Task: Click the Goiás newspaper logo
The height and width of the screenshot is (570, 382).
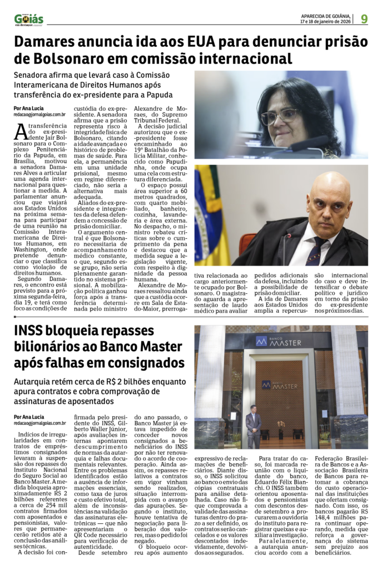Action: (x=29, y=19)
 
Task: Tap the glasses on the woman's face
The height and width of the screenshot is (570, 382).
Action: (x=279, y=116)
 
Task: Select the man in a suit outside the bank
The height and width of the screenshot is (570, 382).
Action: (x=254, y=426)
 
